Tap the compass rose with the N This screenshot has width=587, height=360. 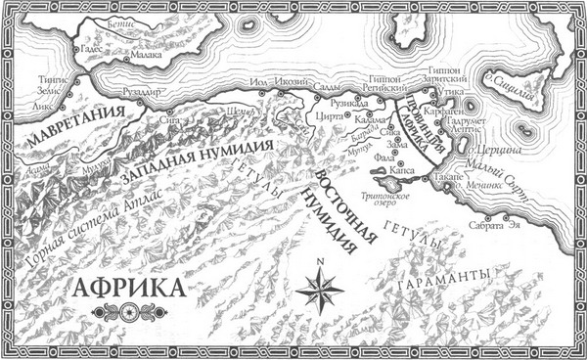click(319, 288)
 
